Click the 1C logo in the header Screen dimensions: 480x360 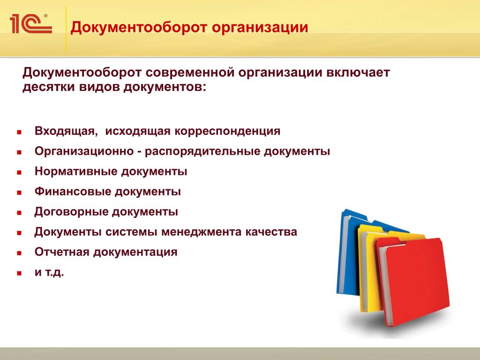tap(30, 23)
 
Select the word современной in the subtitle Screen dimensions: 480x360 tap(190, 73)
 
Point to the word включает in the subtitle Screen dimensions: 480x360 tap(358, 73)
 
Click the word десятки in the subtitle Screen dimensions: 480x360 tap(49, 87)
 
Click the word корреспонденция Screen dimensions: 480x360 tap(227, 131)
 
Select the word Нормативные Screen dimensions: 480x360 tap(76, 171)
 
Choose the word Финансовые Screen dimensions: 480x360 tap(73, 191)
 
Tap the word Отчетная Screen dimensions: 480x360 tap(62, 252)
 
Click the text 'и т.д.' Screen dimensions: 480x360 tap(49, 272)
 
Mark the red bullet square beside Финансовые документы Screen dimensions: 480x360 tap(19, 193)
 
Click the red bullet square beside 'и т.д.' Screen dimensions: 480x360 tap(19, 273)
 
